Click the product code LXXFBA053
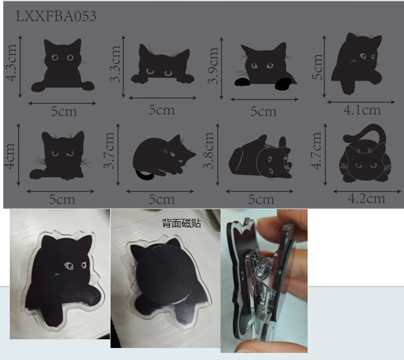(x=56, y=16)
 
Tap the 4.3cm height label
(x=12, y=63)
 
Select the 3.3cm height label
(x=115, y=64)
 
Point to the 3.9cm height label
(x=213, y=66)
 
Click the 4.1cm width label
(x=362, y=110)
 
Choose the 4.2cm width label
(x=367, y=198)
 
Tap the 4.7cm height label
(x=317, y=150)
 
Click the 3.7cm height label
(x=109, y=150)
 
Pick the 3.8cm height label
(x=209, y=150)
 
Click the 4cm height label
(x=10, y=156)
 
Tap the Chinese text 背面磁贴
(x=181, y=223)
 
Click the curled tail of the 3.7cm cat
(x=144, y=176)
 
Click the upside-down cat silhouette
(x=261, y=157)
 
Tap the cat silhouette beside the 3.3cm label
(x=162, y=65)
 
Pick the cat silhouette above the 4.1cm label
(x=357, y=63)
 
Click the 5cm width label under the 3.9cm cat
(x=264, y=111)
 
